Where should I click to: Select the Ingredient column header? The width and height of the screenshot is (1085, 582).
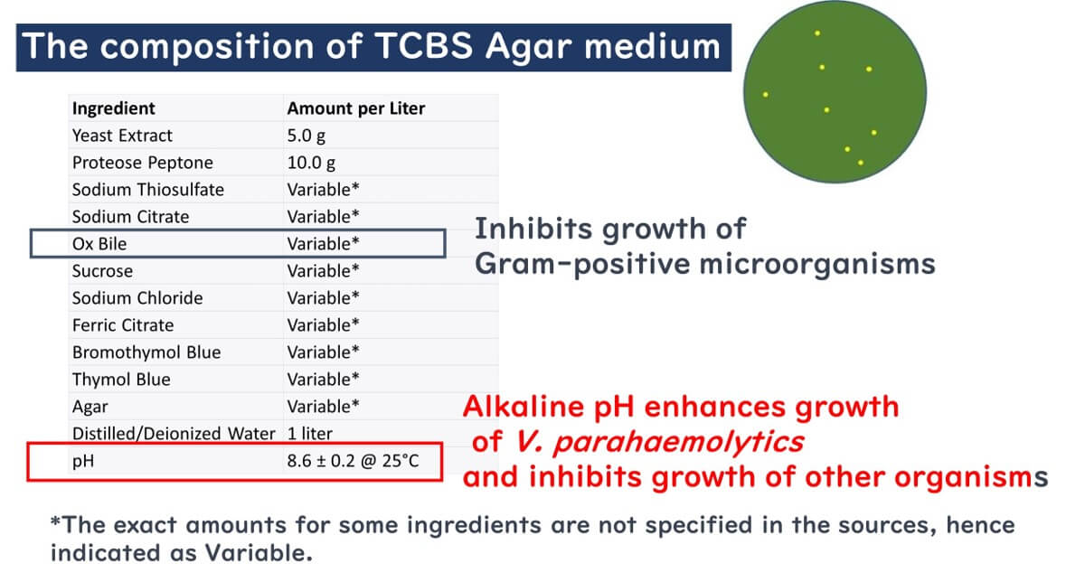click(114, 108)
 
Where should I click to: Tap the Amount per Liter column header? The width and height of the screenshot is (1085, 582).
click(355, 108)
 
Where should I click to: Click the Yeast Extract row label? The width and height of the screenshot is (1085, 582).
click(122, 136)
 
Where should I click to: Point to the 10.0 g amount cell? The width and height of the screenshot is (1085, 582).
click(311, 163)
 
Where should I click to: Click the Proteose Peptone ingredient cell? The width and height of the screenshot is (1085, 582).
click(143, 163)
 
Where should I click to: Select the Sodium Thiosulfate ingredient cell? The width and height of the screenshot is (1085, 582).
click(148, 190)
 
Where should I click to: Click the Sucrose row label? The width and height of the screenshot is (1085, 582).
click(102, 271)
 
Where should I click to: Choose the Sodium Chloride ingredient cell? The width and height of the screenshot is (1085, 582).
click(137, 298)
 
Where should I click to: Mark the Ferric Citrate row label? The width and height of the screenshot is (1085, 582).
click(123, 325)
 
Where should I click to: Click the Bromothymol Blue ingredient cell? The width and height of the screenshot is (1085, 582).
click(146, 352)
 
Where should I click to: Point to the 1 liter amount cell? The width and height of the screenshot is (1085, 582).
click(310, 434)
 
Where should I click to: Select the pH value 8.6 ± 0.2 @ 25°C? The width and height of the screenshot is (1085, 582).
click(352, 461)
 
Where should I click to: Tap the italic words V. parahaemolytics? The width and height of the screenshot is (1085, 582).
click(660, 442)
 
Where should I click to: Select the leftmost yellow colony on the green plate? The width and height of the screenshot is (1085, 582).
click(766, 94)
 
